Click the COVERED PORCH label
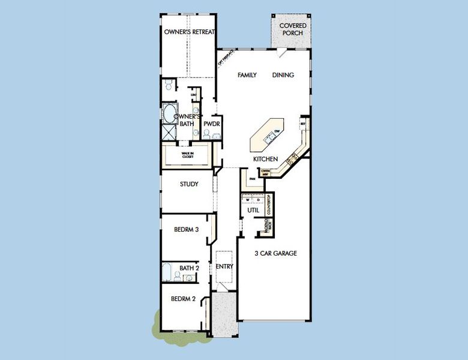(x=293, y=29)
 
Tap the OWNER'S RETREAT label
(x=190, y=32)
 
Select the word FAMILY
(x=247, y=75)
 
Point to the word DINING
(x=283, y=75)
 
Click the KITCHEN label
(x=265, y=159)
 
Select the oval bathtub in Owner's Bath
(x=169, y=113)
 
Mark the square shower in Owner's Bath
(x=167, y=131)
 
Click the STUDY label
(x=189, y=184)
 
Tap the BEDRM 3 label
(x=186, y=229)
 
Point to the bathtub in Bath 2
(x=168, y=272)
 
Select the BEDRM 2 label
(x=183, y=299)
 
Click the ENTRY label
(x=224, y=266)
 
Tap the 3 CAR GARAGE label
(x=275, y=253)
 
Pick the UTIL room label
(x=253, y=211)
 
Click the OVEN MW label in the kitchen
(x=266, y=173)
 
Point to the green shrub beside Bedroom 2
(x=157, y=324)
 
